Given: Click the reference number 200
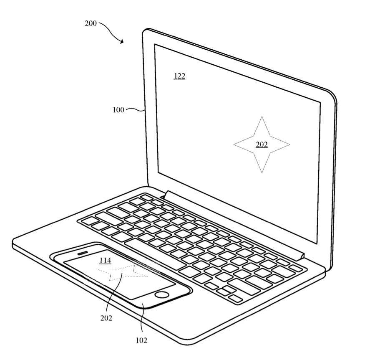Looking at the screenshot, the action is (91, 23).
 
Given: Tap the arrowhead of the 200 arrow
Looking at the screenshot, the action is (121, 42).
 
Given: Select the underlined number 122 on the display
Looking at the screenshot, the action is (179, 76).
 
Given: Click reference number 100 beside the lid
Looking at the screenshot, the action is (118, 110).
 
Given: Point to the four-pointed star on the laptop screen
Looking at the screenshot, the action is (262, 145).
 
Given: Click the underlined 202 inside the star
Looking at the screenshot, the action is (262, 145).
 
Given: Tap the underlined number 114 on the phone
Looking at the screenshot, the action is (105, 260).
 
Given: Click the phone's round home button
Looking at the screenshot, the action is (162, 294).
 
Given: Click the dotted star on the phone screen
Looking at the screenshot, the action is (122, 272).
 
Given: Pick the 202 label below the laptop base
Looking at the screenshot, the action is (106, 318).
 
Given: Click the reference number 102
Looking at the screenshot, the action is (141, 340).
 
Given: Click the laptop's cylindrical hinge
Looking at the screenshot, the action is (234, 225).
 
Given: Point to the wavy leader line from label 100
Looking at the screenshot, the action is (135, 109).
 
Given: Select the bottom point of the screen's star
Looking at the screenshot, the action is (262, 173).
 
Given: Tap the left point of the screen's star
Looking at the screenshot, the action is (234, 145).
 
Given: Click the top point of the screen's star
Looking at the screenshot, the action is (262, 117).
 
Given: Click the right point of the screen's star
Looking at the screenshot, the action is (290, 145).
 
